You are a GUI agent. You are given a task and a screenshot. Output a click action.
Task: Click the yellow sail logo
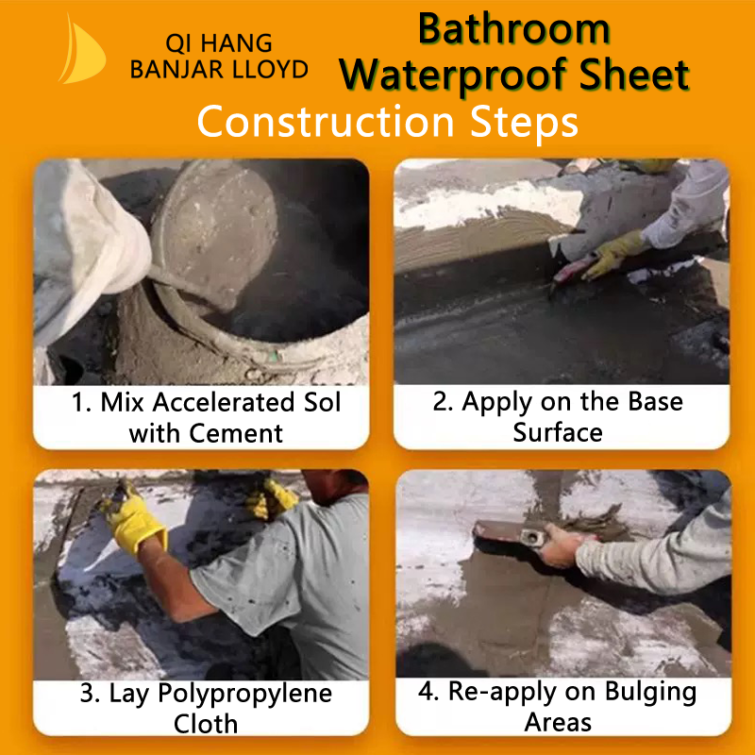point(82,51)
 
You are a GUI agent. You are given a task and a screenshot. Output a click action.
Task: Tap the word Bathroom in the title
point(513,29)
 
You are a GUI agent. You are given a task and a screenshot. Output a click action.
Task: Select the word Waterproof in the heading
point(455,75)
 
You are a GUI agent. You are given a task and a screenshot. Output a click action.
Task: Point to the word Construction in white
point(326,122)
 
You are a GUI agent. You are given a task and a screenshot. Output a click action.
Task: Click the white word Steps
point(524,123)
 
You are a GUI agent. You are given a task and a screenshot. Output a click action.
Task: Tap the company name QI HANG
point(219,43)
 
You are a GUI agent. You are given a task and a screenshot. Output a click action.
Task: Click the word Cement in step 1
point(235,433)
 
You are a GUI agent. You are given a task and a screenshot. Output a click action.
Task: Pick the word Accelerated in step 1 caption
point(223,402)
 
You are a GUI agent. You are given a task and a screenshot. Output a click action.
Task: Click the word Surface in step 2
point(558,432)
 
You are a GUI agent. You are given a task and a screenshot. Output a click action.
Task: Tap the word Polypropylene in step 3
point(244,695)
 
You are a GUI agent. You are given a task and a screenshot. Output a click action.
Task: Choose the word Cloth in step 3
point(206,724)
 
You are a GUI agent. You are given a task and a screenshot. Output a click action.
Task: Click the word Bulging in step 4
point(650,693)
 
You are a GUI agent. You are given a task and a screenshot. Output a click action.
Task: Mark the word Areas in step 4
point(558,722)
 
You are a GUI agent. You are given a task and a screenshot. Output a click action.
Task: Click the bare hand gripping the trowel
point(561,545)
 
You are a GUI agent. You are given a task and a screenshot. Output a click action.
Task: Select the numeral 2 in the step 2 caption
point(440,402)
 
